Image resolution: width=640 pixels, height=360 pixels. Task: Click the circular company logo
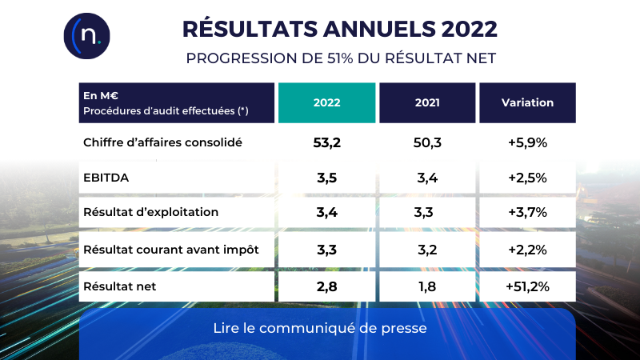point(86,36)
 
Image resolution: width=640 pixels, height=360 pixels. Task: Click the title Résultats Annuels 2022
point(340,29)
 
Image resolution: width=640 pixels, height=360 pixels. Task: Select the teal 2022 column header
point(326,102)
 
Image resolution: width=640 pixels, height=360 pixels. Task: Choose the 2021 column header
point(427,102)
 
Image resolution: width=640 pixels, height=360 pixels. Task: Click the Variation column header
point(527,102)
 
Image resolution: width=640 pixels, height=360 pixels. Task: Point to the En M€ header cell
point(176,102)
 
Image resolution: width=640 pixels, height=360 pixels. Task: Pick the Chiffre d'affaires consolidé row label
point(162,143)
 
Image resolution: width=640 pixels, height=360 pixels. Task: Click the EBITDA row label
point(106,178)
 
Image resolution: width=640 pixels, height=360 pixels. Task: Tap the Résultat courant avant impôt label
point(170,250)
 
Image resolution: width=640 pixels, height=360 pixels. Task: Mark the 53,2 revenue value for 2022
point(326,143)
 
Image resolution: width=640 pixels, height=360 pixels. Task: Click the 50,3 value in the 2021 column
point(427,143)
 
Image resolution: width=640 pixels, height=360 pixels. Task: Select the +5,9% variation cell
point(527,143)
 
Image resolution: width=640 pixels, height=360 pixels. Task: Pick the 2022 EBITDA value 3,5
point(326,178)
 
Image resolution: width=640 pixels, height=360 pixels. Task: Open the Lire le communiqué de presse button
point(326,329)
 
